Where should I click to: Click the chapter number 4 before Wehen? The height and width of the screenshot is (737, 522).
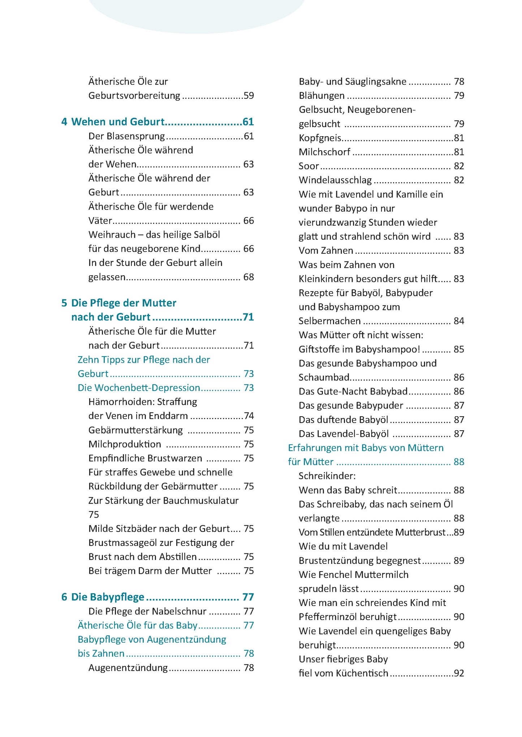tap(64, 122)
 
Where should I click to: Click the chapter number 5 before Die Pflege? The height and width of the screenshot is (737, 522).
tap(64, 303)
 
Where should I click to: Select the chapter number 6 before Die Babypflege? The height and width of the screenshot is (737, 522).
tap(64, 597)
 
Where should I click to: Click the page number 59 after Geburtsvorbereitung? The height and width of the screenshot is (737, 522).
tap(249, 96)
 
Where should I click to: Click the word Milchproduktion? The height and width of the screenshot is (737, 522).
tap(125, 444)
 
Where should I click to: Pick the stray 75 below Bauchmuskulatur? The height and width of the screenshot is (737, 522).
tap(94, 514)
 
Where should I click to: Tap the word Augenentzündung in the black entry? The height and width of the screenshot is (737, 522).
tap(128, 668)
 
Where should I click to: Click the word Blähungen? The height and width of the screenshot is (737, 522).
tap(322, 96)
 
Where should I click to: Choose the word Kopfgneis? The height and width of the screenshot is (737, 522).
tap(320, 138)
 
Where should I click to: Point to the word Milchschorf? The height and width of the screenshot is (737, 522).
tap(324, 152)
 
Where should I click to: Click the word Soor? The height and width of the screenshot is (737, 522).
tap(309, 166)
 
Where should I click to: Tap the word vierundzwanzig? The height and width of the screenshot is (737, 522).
tap(332, 223)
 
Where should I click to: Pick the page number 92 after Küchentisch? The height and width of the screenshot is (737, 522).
tap(459, 673)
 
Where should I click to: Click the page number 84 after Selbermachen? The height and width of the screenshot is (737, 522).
tap(459, 321)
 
